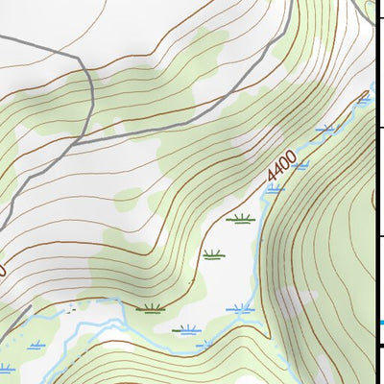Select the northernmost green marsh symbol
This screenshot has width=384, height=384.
click(241, 219)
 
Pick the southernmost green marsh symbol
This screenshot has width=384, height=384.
click(186, 329)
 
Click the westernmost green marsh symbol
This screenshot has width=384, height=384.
click(150, 309)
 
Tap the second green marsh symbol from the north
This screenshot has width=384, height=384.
click(212, 255)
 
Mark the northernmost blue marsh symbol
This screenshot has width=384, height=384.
click(363, 96)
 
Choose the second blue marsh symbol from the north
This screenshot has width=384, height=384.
click(326, 128)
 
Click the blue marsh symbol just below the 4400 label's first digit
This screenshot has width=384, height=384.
click(275, 189)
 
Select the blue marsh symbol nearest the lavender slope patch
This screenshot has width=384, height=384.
click(240, 308)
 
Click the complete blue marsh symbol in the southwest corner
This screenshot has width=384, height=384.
click(38, 343)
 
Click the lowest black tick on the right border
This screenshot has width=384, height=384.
click(379, 345)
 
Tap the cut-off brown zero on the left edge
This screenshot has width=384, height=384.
click(3, 271)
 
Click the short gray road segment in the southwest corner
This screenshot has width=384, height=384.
click(10, 331)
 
